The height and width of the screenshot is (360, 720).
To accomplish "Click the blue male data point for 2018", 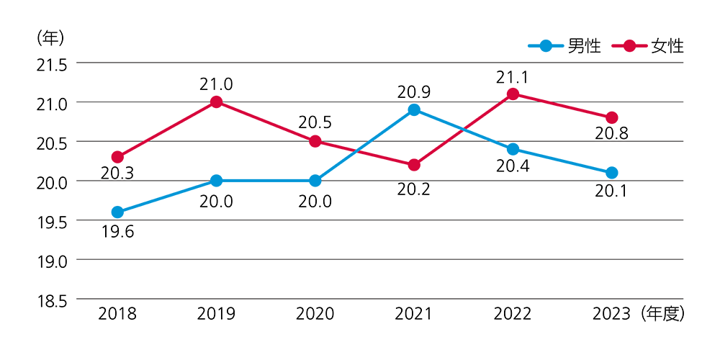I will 117,212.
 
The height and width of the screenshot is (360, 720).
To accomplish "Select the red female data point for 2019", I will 216,102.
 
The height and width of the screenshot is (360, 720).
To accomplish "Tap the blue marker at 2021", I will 414,110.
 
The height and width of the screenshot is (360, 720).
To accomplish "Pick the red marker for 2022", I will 513,94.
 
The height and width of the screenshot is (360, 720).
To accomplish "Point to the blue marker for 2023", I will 611,173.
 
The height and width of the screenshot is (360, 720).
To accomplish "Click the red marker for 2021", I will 414,165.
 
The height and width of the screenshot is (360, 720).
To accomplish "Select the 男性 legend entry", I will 565,46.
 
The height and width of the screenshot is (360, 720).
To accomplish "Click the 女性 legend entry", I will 648,46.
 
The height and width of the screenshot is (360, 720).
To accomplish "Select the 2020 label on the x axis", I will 315,314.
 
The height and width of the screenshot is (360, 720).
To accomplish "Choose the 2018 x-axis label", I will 117,314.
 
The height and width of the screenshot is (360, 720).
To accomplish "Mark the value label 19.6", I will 117,232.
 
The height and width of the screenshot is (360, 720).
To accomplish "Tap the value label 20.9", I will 414,92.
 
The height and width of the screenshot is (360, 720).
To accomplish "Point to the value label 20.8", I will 611,133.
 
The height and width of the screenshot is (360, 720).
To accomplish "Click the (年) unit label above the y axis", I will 51,37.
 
